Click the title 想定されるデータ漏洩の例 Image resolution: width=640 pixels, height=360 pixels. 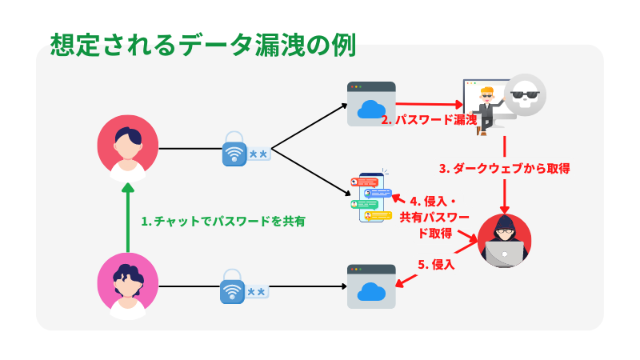click(202, 43)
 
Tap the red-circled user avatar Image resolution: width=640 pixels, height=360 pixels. click(128, 147)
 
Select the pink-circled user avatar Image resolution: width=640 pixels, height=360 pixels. click(128, 285)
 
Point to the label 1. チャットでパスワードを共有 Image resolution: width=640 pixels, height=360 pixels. click(223, 221)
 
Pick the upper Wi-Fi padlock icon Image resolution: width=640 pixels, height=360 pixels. click(234, 149)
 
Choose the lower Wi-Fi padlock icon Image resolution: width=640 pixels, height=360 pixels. click(232, 286)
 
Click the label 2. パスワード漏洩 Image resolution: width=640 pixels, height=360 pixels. click(429, 120)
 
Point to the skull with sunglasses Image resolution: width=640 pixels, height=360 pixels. click(525, 95)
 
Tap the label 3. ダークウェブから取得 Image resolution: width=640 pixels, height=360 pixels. click(504, 169)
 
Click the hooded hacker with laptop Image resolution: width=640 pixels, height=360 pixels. click(504, 240)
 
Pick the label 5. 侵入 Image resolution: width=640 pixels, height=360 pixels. click(437, 264)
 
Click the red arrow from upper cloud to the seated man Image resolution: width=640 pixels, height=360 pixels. click(428, 103)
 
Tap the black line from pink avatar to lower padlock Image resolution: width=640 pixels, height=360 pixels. click(188, 286)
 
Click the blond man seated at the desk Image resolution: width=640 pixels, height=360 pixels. click(485, 107)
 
